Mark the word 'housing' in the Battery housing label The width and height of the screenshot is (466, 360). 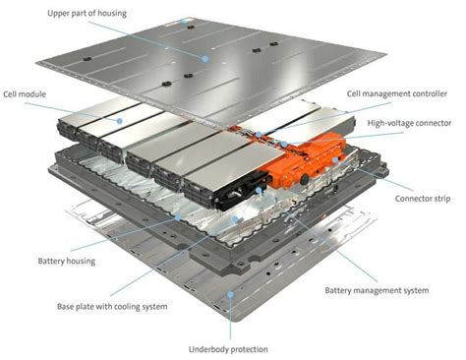tap(84, 261)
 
